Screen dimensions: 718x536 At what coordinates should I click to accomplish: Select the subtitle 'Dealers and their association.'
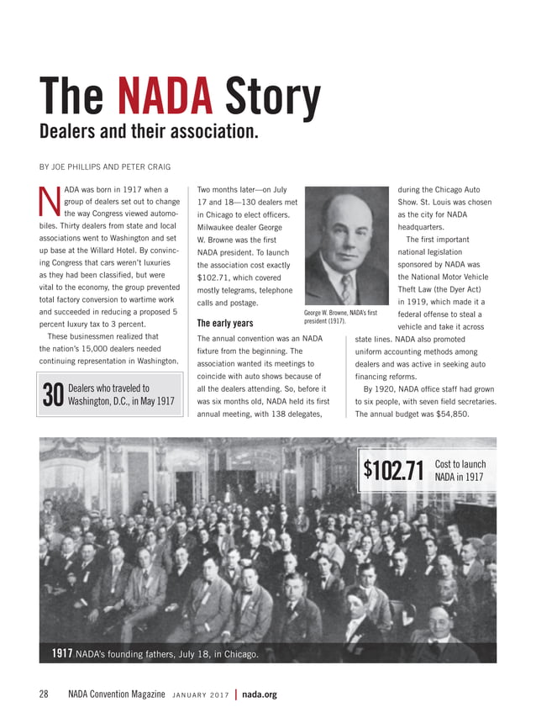click(148, 133)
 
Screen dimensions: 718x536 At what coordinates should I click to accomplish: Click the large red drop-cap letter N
click(50, 201)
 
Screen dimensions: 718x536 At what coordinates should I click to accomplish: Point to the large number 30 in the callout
click(53, 394)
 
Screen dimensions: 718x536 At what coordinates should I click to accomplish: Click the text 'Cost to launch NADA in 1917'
click(460, 471)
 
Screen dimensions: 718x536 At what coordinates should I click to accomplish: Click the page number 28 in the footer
click(44, 694)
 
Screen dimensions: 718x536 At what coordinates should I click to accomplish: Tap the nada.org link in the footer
click(259, 694)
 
